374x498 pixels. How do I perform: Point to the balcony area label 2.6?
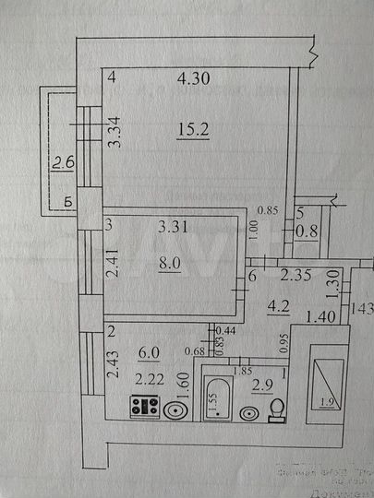point(63,164)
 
